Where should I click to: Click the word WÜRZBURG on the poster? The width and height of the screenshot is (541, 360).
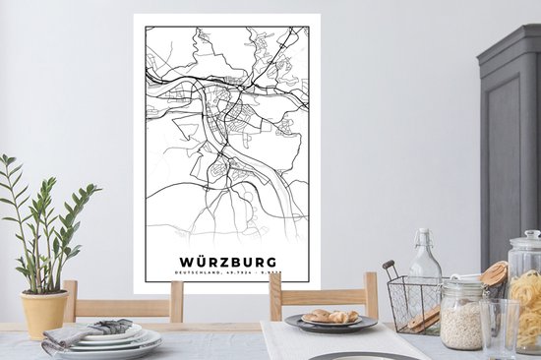click(x=229, y=262)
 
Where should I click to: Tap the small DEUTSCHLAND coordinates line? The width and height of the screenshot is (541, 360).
click(x=229, y=275)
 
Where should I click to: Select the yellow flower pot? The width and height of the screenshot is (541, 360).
click(x=44, y=313)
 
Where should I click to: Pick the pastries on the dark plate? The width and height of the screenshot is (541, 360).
click(x=331, y=316)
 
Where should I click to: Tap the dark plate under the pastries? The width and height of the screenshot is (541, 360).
click(x=331, y=324)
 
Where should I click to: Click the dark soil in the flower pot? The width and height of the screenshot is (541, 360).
click(x=43, y=292)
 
